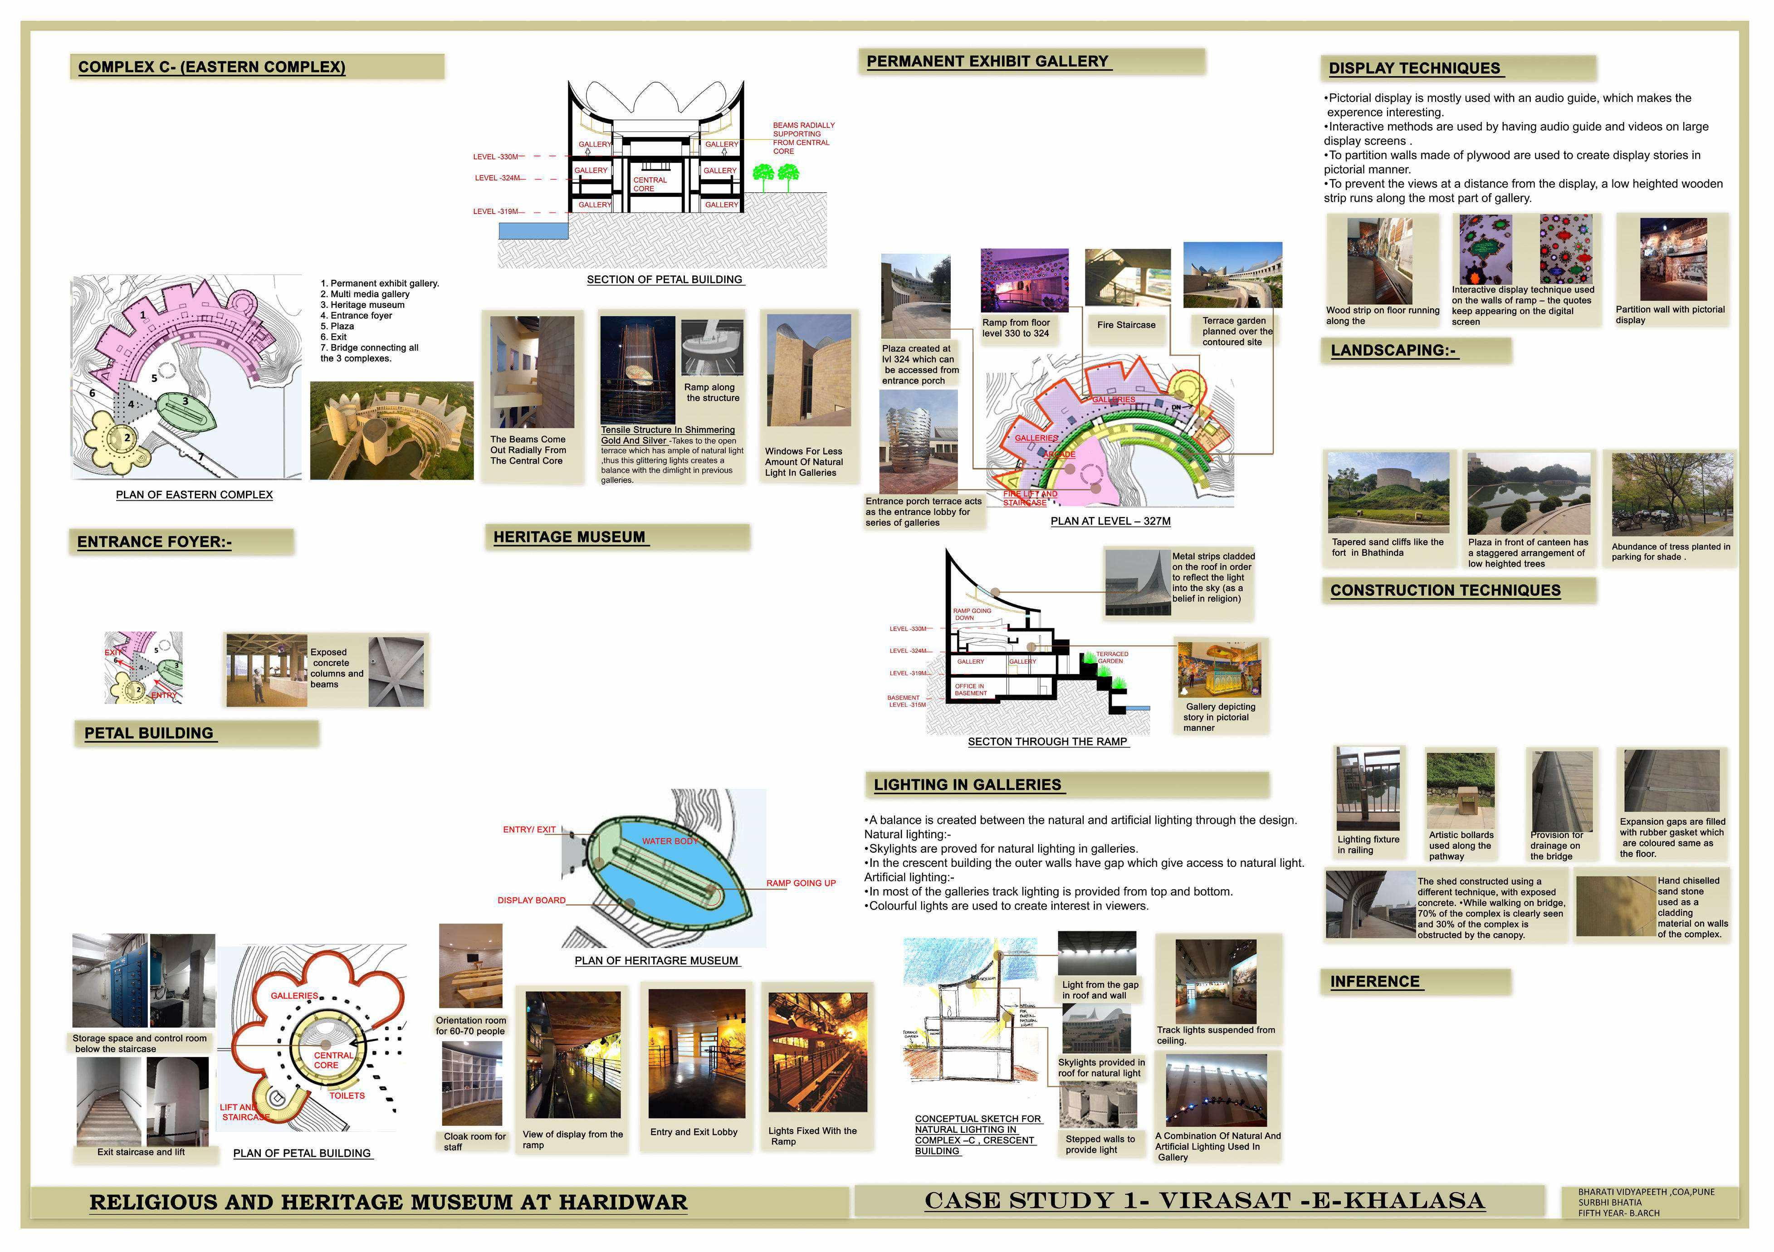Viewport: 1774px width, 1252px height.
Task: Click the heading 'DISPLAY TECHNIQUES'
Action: click(1414, 68)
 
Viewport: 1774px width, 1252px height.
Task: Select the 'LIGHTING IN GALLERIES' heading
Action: click(968, 784)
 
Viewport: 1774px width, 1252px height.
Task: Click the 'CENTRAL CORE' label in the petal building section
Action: click(650, 184)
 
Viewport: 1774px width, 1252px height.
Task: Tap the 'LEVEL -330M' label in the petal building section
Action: click(495, 157)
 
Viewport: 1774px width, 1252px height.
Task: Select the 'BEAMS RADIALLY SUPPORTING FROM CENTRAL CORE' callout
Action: click(804, 137)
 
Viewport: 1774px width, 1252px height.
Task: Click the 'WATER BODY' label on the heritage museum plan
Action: click(669, 841)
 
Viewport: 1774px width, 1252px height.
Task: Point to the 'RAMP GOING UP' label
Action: click(801, 883)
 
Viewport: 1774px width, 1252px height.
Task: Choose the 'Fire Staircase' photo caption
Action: click(1126, 325)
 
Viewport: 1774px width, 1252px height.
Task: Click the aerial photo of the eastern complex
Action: click(392, 430)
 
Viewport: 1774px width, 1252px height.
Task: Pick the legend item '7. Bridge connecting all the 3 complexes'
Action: click(369, 353)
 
